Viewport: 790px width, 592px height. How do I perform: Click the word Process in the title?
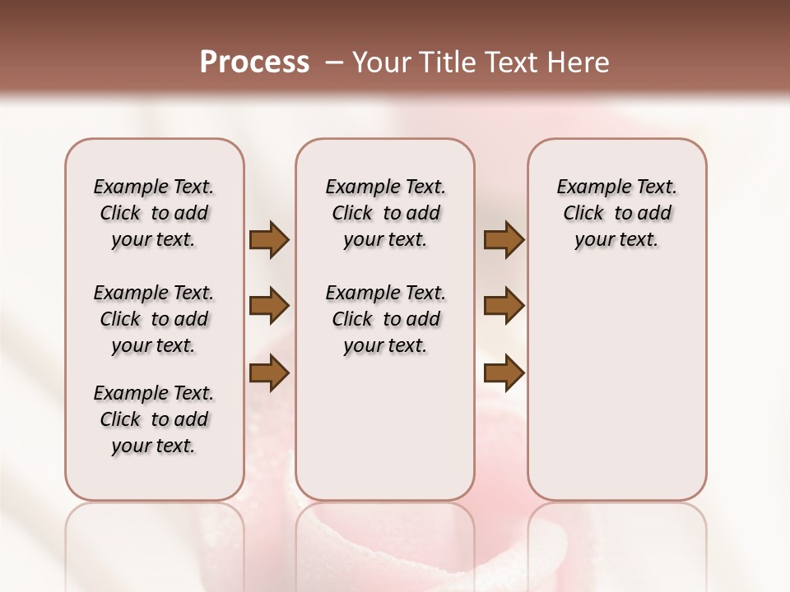tap(254, 62)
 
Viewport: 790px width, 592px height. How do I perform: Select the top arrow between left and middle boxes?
tap(269, 240)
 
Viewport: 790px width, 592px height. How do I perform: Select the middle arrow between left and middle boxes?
tap(269, 307)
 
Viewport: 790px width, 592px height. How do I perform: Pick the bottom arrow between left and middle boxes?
tap(269, 372)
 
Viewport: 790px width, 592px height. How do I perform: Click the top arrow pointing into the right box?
tap(504, 240)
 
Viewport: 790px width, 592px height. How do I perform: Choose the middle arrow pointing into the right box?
tap(504, 307)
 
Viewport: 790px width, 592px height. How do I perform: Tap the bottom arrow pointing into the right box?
tap(504, 372)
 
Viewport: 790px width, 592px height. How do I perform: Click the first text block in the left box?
tap(154, 213)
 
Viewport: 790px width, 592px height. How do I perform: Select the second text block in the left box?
tap(154, 319)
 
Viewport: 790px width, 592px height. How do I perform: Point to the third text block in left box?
tap(154, 419)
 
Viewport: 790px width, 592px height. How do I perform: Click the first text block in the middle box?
tap(385, 213)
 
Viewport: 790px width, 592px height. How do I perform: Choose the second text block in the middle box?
tap(385, 319)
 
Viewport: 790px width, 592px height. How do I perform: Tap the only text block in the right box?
tap(616, 213)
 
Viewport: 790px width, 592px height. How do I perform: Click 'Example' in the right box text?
tap(586, 187)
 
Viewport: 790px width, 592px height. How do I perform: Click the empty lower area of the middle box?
tap(385, 428)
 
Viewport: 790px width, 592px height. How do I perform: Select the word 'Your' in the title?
tap(382, 62)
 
